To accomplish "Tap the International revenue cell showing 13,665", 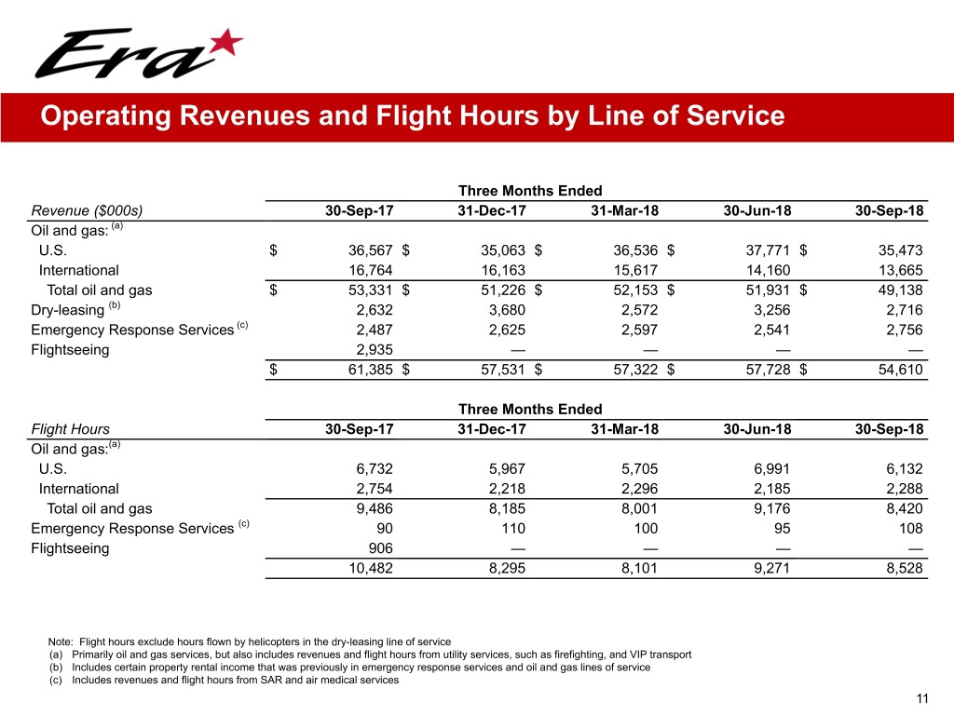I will point(899,270).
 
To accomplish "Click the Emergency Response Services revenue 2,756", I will point(902,331).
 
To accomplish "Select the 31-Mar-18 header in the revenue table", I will point(624,210).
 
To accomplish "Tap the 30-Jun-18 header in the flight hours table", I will point(757,429).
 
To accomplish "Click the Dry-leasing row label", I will point(68,310).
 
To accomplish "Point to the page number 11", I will point(923,699).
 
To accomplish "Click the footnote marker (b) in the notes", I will point(55,668).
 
